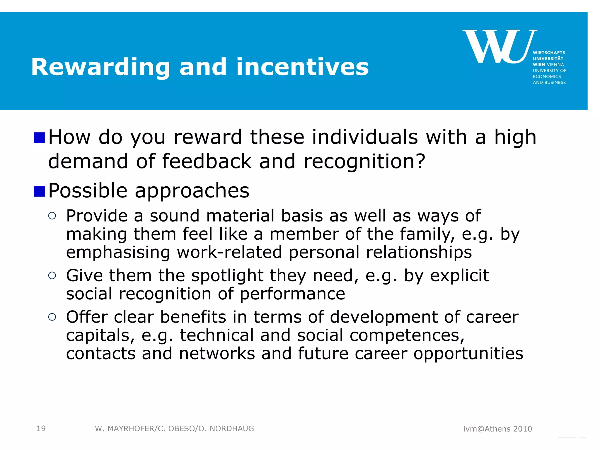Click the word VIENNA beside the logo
555,64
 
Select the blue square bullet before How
39,138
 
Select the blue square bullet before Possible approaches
39,191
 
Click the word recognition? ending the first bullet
364,161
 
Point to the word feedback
207,161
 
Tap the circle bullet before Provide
52,216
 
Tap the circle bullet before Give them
52,275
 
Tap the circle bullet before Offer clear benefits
52,317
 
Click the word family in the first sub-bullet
427,234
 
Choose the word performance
292,294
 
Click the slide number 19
41,429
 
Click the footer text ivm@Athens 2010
497,429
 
